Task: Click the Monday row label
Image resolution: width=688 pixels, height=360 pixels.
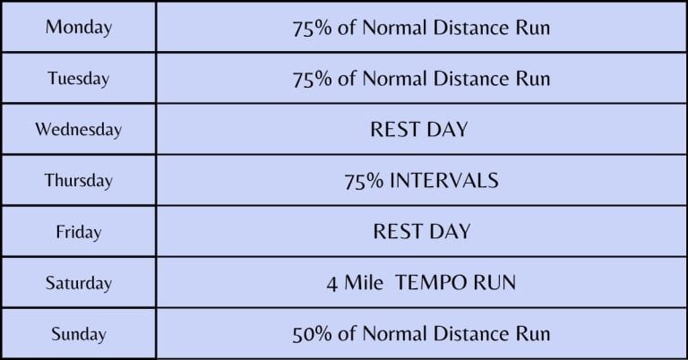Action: [x=79, y=27]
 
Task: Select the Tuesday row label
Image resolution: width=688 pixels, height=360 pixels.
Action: [x=79, y=78]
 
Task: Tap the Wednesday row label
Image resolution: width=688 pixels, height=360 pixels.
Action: [x=79, y=129]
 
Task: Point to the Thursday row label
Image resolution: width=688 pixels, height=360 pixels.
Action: [x=79, y=180]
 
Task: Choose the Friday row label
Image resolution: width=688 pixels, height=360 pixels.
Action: [x=79, y=232]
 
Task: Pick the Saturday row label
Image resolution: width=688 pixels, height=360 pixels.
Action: [x=79, y=283]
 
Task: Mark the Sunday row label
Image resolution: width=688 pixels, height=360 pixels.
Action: [x=79, y=334]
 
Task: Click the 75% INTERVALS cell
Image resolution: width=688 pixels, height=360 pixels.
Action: [x=421, y=180]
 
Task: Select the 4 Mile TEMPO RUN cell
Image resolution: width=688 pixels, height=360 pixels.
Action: [x=421, y=283]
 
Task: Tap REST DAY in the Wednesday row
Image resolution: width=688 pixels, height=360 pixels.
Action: [x=419, y=129]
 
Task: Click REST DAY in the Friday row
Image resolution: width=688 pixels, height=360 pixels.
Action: [x=421, y=232]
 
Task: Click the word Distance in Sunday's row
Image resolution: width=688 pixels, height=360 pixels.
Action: [x=472, y=334]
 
